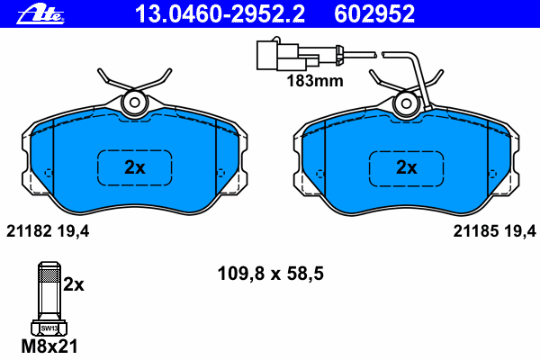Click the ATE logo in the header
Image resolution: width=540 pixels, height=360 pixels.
click(x=40, y=15)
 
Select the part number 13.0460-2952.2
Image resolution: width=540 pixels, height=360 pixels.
click(x=220, y=14)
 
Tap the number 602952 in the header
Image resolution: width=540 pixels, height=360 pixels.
click(x=374, y=14)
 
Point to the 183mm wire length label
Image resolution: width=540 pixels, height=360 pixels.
click(x=315, y=81)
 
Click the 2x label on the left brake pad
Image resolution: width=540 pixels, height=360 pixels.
click(x=135, y=167)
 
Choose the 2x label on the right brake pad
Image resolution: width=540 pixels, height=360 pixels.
click(x=407, y=167)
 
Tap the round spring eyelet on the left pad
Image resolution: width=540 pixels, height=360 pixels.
click(x=135, y=103)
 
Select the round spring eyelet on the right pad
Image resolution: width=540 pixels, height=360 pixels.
click(x=407, y=103)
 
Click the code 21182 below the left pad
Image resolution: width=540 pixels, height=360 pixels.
click(x=29, y=231)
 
